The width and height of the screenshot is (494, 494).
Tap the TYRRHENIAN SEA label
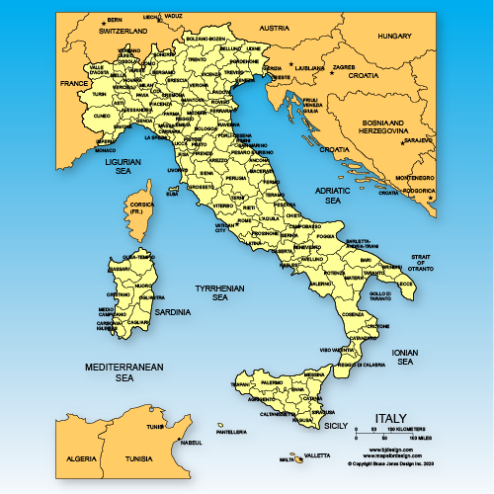pyautogui.click(x=212, y=292)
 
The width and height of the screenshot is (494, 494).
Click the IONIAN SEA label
pyautogui.click(x=404, y=357)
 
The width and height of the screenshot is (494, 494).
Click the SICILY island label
pyautogui.click(x=337, y=426)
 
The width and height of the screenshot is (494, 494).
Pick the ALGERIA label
pyautogui.click(x=80, y=459)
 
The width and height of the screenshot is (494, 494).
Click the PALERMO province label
pyautogui.click(x=272, y=380)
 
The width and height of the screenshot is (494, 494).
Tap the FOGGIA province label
pyautogui.click(x=326, y=236)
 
